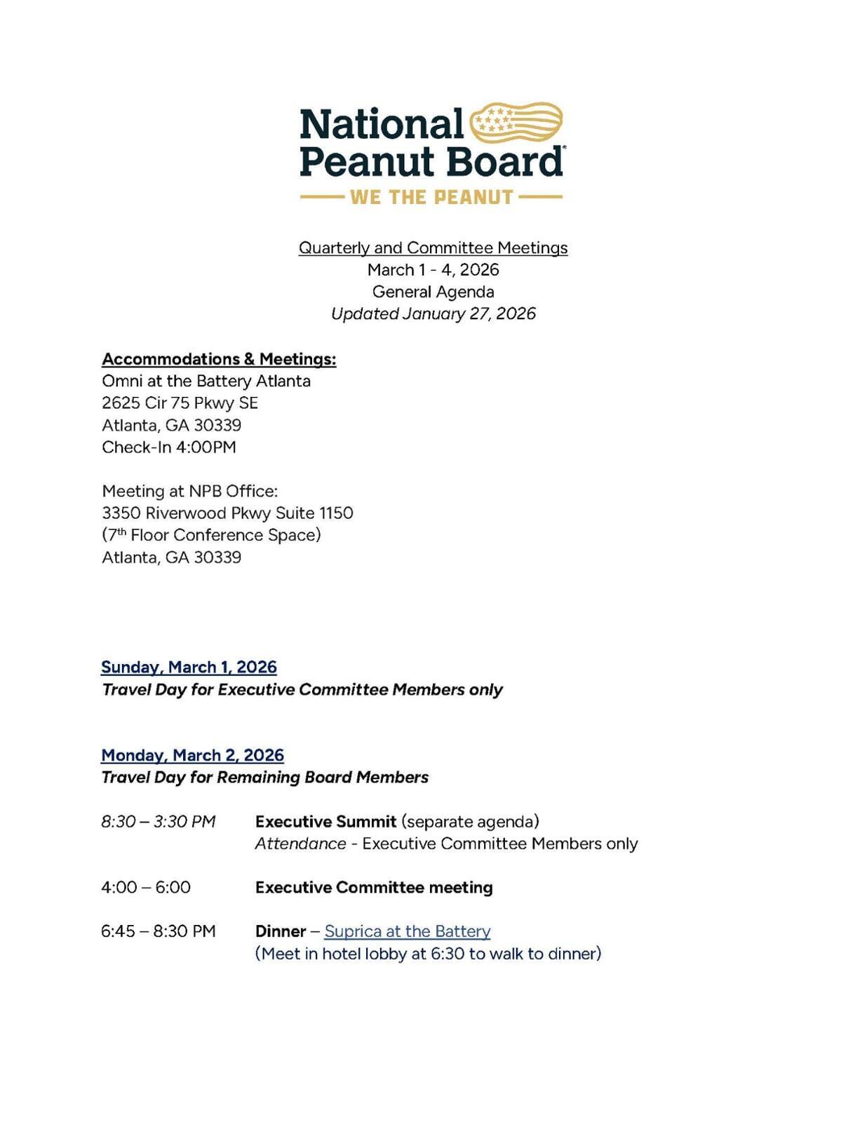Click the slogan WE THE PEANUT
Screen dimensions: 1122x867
click(x=431, y=198)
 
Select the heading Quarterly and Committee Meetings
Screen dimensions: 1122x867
click(x=433, y=248)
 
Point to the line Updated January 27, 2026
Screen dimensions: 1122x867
click(x=433, y=313)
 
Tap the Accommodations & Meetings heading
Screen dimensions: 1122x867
click(x=219, y=359)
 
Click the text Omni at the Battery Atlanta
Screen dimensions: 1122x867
click(x=206, y=381)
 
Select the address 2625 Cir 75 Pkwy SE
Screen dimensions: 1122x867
click(x=180, y=403)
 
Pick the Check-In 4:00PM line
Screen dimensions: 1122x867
click(x=169, y=447)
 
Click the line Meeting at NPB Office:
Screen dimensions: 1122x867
click(x=189, y=491)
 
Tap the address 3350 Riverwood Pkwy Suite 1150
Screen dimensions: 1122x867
click(x=227, y=513)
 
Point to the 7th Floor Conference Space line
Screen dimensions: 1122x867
click(x=211, y=535)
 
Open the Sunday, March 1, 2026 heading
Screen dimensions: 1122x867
click(x=189, y=667)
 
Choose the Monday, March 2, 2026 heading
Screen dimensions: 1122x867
click(x=192, y=755)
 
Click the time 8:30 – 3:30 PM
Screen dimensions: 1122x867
click(x=158, y=821)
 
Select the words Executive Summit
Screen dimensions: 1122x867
click(x=325, y=821)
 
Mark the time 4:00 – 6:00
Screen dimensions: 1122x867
click(x=146, y=887)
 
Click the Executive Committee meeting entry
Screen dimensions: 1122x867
click(x=374, y=887)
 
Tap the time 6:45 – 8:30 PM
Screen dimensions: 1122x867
click(x=158, y=931)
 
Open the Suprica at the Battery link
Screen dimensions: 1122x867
click(x=407, y=931)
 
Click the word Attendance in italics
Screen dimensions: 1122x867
click(x=300, y=844)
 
